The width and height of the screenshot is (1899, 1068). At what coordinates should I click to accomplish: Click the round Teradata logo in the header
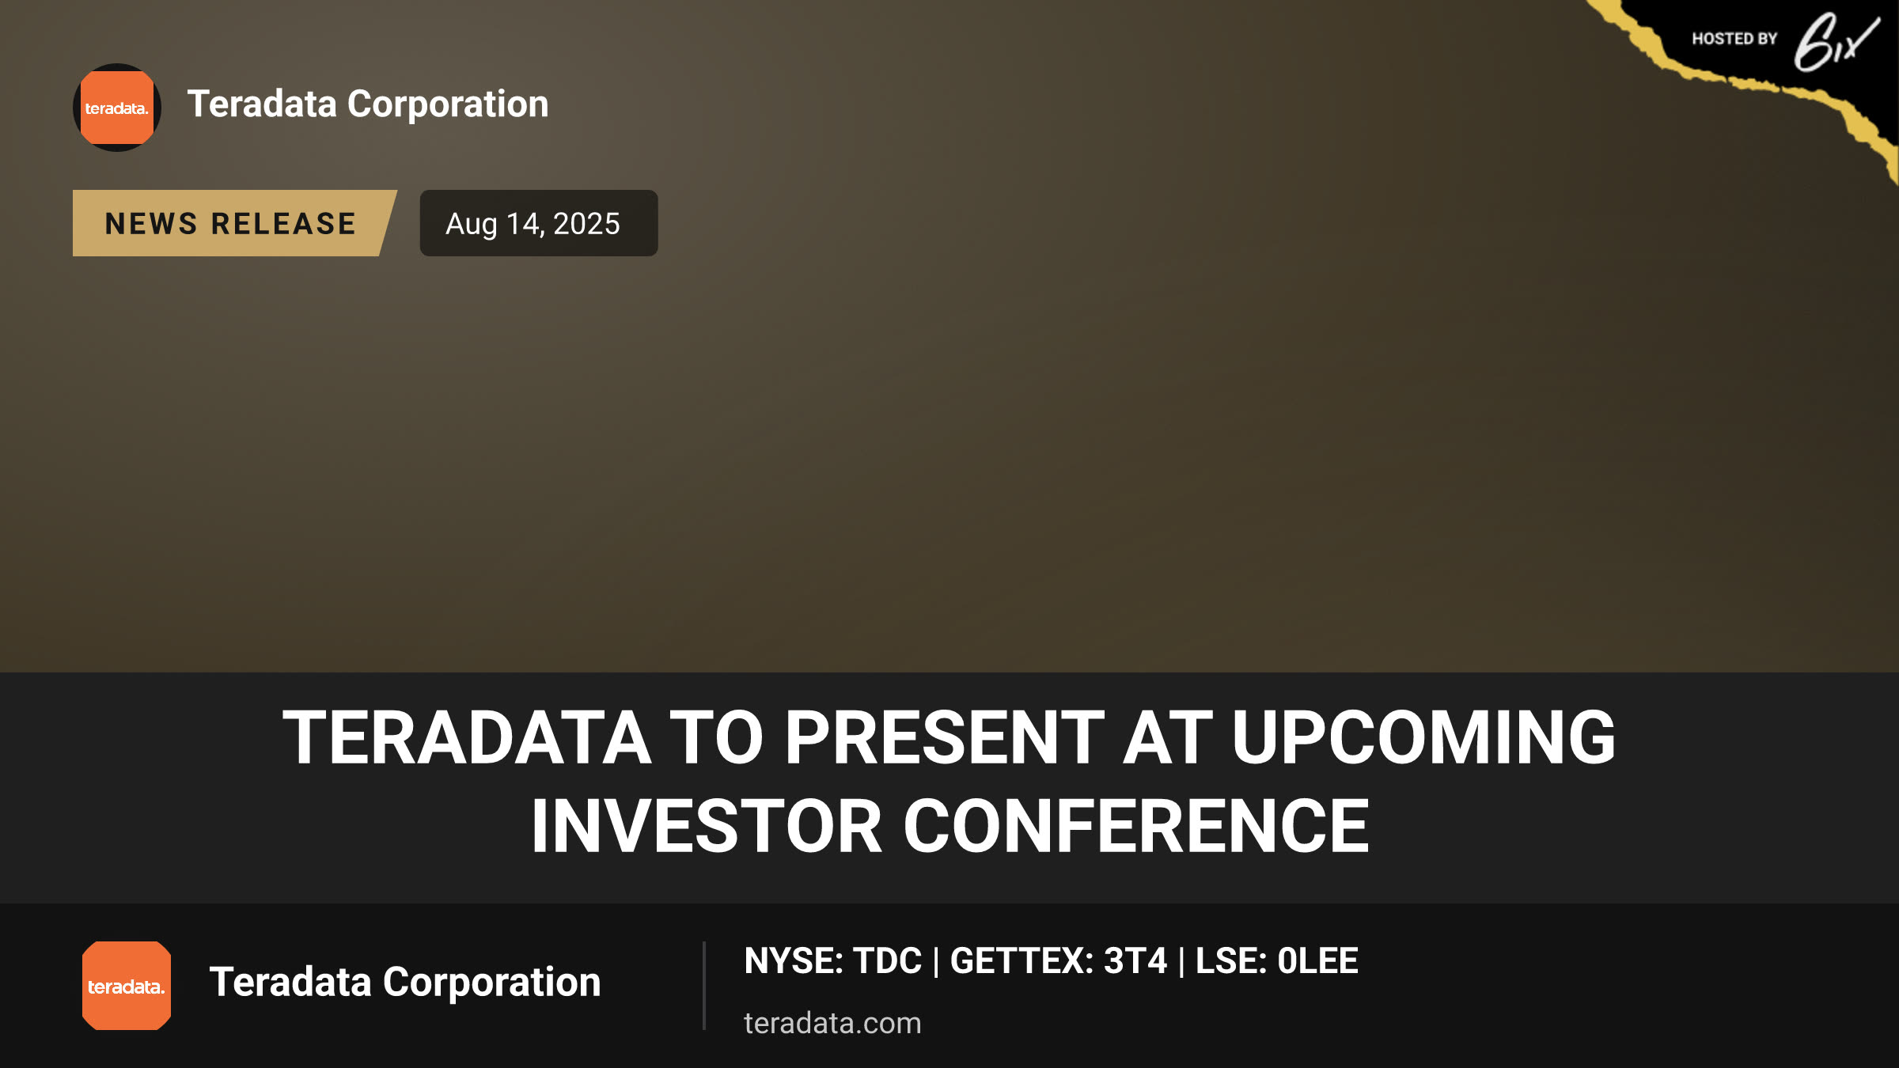point(117,108)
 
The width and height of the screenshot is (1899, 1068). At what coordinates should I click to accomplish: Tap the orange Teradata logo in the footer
point(127,986)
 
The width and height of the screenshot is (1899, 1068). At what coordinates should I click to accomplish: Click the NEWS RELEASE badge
point(234,223)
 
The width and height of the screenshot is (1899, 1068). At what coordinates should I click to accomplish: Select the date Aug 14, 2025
point(533,224)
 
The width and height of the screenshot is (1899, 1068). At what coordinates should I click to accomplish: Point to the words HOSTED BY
point(1734,39)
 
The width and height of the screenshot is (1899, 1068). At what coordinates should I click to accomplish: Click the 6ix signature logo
point(1836,42)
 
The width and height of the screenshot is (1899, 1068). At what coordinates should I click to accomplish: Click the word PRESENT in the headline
point(944,737)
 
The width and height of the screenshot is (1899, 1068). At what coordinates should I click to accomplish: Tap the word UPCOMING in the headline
point(1423,737)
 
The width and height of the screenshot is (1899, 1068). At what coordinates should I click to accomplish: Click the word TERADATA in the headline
point(468,737)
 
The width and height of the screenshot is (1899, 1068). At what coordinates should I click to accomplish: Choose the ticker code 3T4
point(1135,961)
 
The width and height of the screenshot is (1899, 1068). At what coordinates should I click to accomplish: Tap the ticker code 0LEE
point(1317,961)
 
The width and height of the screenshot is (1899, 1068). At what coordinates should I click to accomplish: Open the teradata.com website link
point(832,1023)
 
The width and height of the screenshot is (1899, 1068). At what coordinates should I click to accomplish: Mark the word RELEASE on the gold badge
point(284,224)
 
